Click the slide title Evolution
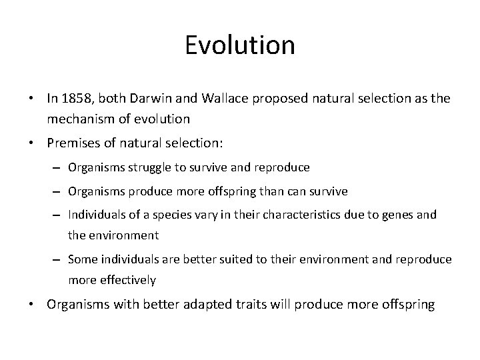pos(239,45)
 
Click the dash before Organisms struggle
pos(57,168)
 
